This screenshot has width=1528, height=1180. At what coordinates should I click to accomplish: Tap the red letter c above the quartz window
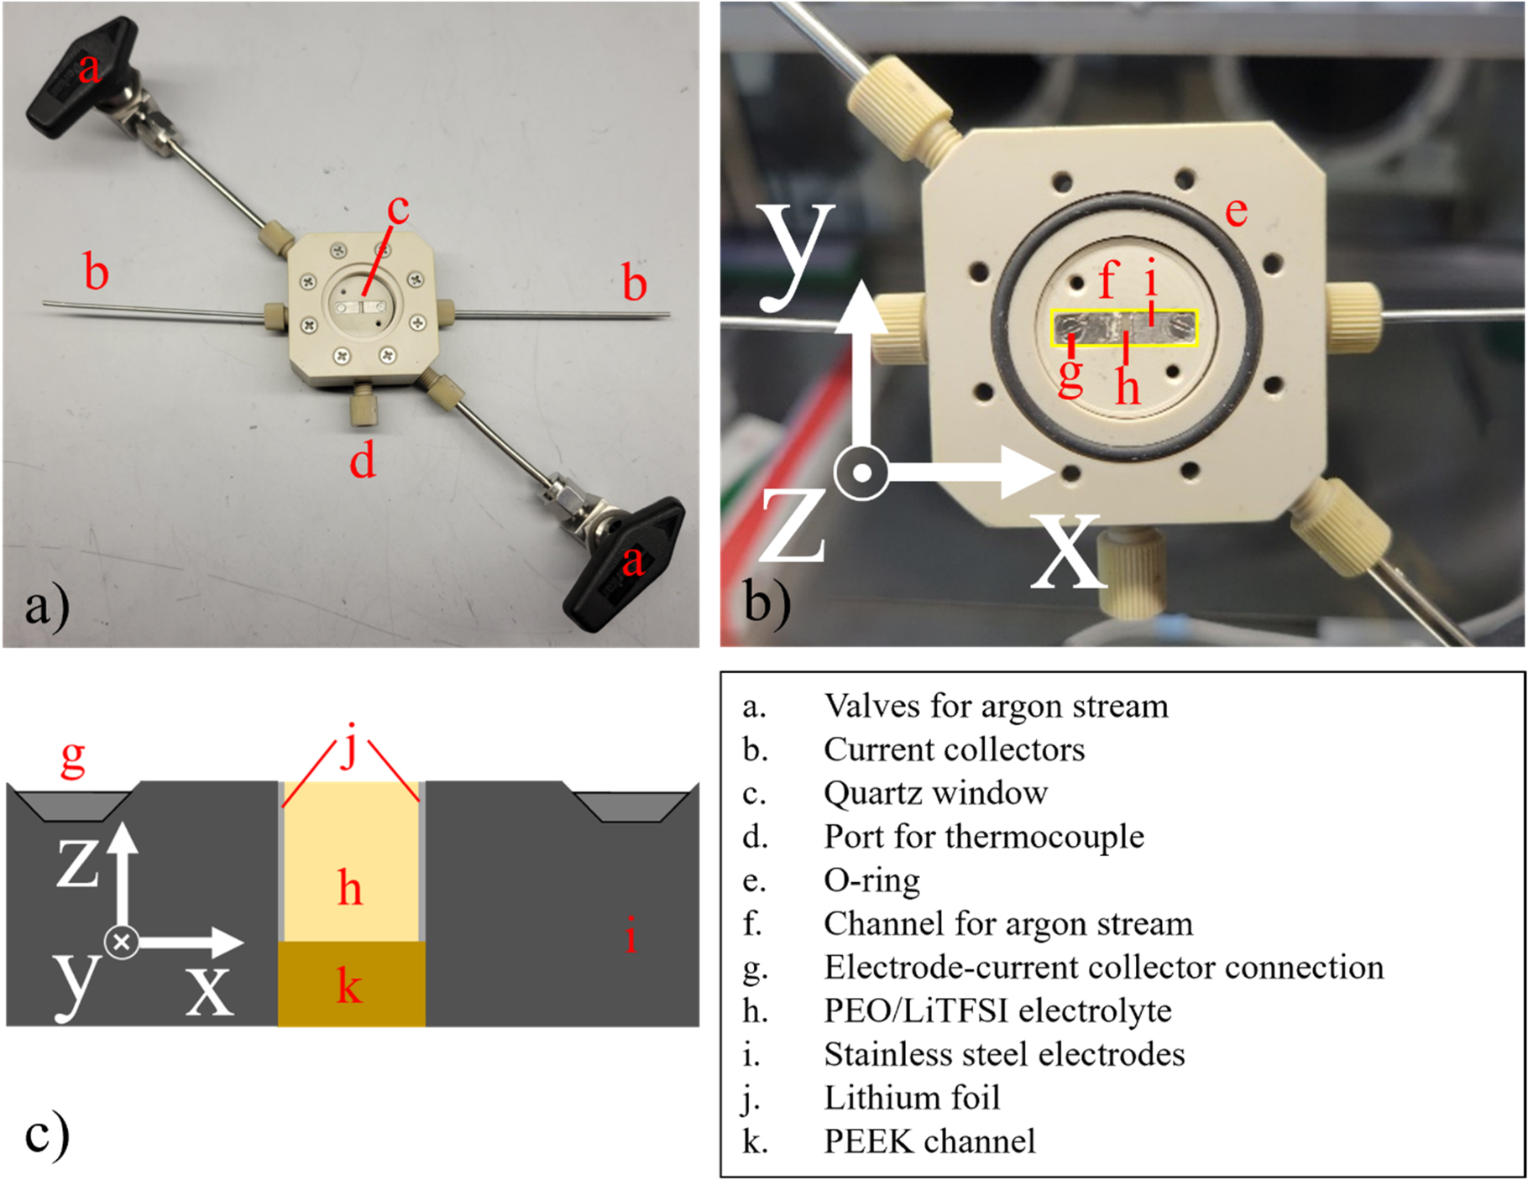398,208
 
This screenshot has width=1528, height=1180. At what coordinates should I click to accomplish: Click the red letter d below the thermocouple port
363,461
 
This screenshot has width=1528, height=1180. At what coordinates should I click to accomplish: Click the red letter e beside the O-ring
1235,211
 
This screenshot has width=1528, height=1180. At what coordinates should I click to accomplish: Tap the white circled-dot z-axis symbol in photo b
861,473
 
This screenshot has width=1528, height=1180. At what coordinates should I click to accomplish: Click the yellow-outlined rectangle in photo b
1124,327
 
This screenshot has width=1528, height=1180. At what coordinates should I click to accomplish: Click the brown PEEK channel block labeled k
351,984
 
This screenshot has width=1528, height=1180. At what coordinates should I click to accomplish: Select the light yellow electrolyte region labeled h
351,864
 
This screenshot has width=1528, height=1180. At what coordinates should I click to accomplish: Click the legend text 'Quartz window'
935,793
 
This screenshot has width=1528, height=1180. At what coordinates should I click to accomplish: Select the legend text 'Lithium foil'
912,1098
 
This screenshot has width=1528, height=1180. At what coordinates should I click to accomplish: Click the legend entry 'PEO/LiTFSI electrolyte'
997,1010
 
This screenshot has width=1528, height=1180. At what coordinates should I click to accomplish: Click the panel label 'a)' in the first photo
46,606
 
